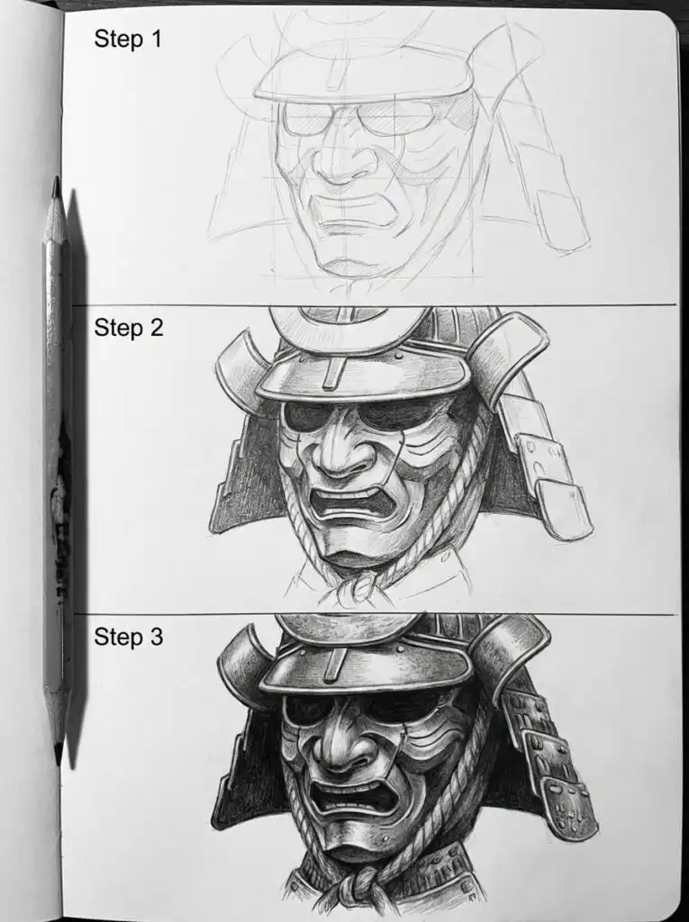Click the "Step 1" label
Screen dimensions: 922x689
click(127, 39)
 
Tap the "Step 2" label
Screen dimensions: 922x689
click(129, 328)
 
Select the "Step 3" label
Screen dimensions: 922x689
click(129, 637)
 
